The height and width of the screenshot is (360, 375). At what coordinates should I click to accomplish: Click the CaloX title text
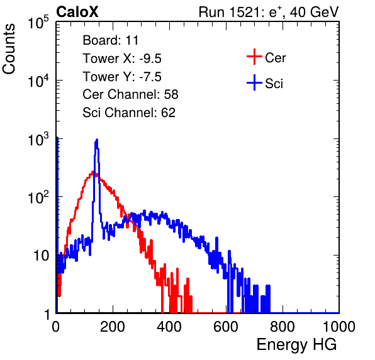(x=77, y=12)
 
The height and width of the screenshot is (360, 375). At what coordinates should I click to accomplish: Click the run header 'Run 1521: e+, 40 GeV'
(x=269, y=12)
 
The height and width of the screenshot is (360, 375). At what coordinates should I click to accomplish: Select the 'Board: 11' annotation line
(x=111, y=40)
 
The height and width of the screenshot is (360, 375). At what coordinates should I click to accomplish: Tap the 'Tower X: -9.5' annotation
(x=122, y=59)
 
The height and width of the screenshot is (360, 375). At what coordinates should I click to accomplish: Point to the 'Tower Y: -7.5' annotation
(x=122, y=77)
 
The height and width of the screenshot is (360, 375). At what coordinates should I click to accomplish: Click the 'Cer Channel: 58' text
(x=130, y=94)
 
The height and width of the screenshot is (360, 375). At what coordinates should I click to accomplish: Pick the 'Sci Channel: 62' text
(x=129, y=113)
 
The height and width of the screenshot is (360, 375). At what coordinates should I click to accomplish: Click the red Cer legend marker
(x=254, y=57)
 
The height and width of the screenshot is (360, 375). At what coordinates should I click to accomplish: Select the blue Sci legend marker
(x=254, y=82)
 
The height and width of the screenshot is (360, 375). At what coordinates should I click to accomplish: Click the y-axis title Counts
(x=9, y=48)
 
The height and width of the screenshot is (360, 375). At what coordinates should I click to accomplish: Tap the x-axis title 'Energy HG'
(x=296, y=345)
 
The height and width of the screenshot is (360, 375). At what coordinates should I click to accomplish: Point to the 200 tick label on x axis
(x=113, y=327)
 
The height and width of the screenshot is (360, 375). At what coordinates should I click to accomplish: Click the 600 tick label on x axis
(x=226, y=327)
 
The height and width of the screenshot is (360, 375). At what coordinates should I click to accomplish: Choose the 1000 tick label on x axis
(x=339, y=327)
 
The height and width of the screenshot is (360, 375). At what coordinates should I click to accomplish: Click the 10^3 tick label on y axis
(x=38, y=139)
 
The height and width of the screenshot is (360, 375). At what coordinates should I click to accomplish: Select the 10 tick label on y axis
(x=41, y=256)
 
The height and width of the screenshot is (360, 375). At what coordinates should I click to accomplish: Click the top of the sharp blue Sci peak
(x=97, y=139)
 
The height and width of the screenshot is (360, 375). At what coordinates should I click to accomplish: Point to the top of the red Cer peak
(x=93, y=171)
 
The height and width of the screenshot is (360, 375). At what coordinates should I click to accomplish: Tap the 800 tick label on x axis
(x=283, y=327)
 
